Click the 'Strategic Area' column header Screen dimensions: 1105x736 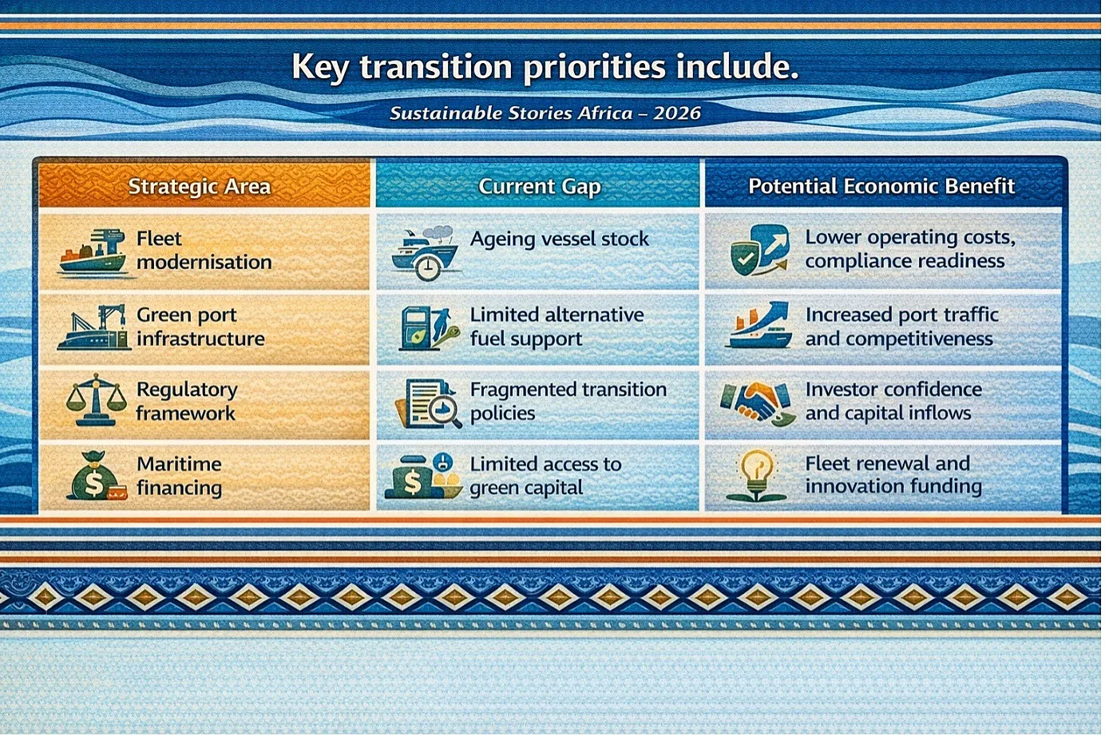[x=200, y=187]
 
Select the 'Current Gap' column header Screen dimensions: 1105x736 [x=540, y=187]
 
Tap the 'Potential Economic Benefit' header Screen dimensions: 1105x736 [x=881, y=186]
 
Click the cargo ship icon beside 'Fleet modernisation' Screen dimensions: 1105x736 [x=93, y=251]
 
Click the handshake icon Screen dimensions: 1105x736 [x=757, y=403]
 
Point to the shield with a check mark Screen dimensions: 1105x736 [x=745, y=258]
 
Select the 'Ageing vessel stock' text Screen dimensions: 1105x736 [x=560, y=239]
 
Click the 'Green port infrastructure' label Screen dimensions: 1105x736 [x=200, y=326]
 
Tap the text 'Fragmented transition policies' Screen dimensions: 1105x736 [x=568, y=401]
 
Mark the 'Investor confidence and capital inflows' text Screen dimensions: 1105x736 [x=894, y=401]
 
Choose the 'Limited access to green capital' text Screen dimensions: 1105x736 [x=545, y=476]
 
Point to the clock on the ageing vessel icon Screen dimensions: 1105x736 [x=428, y=268]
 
